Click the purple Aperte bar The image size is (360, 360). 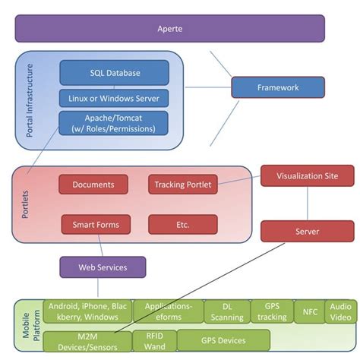click(x=169, y=28)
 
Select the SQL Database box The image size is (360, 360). click(x=114, y=72)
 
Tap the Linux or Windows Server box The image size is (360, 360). click(x=114, y=98)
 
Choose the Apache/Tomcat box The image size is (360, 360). click(x=114, y=123)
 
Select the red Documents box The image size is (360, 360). click(x=93, y=185)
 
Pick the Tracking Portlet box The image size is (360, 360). click(x=182, y=185)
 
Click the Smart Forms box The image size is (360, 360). click(x=96, y=224)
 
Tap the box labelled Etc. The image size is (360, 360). click(x=182, y=224)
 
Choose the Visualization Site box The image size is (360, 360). click(x=307, y=175)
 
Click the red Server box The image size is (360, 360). click(x=307, y=231)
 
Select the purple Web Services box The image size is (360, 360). click(x=103, y=267)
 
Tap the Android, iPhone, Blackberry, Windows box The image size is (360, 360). click(x=87, y=311)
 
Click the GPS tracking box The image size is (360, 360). click(x=271, y=311)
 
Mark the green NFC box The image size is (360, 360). click(x=309, y=311)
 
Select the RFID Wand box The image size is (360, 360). click(x=155, y=340)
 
